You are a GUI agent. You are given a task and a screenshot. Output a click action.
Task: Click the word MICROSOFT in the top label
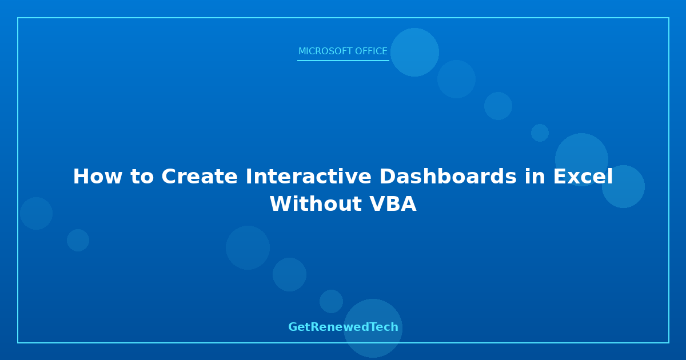click(x=325, y=51)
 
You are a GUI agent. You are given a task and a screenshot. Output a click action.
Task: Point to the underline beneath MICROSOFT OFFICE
click(x=343, y=61)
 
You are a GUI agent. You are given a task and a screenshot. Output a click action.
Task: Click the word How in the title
click(x=98, y=177)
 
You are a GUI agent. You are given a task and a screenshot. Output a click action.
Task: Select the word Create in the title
click(x=200, y=177)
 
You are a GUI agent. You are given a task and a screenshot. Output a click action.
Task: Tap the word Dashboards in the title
click(x=448, y=177)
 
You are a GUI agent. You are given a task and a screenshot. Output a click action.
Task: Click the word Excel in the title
click(x=583, y=177)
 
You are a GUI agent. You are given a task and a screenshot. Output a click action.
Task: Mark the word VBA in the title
click(x=393, y=204)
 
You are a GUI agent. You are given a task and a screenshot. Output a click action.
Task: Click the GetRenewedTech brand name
click(x=343, y=327)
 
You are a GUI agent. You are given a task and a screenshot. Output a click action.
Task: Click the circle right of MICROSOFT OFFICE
click(x=414, y=53)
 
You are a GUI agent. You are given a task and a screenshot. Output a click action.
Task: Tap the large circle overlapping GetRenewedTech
click(x=373, y=328)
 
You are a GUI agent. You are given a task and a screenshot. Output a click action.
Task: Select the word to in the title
click(x=142, y=177)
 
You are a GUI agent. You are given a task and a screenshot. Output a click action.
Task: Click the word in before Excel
click(x=535, y=177)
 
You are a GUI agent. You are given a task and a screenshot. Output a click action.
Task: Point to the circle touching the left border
click(x=37, y=213)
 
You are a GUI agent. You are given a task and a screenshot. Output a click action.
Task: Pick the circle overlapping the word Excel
click(x=581, y=160)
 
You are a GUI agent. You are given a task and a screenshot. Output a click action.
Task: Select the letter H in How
click(x=80, y=177)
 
